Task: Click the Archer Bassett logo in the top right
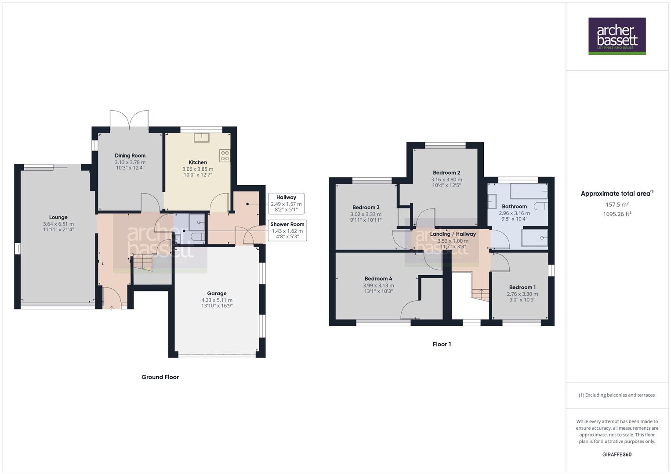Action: tap(617, 36)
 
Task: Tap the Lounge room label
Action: tap(58, 217)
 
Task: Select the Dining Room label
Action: tap(130, 155)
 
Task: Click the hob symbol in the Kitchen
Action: tap(225, 155)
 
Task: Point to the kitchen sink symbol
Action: tap(202, 137)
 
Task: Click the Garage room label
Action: tap(217, 293)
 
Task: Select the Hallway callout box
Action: tap(286, 204)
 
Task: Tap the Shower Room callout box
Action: tap(287, 230)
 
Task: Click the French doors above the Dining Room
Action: tap(130, 119)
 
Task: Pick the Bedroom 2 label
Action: tap(446, 172)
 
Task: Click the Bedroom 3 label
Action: tap(366, 207)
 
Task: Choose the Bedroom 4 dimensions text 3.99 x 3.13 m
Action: tap(378, 285)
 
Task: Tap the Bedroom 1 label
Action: tap(522, 287)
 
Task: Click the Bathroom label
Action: tap(514, 206)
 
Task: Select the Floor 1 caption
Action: tap(442, 344)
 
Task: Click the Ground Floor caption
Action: tap(160, 377)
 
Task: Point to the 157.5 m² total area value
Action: tap(617, 205)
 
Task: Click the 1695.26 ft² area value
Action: tap(617, 214)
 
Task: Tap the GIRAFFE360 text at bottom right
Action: tap(617, 454)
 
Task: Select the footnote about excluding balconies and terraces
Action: tap(617, 395)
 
